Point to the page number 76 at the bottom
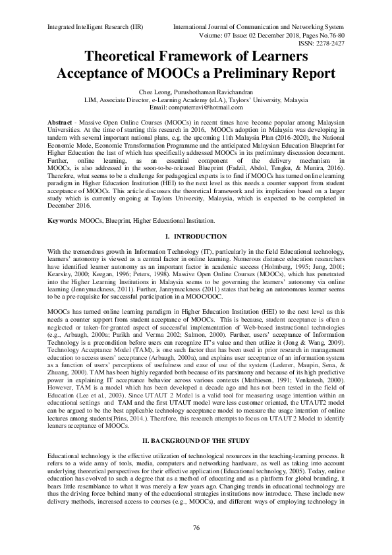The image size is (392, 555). click(x=196, y=528)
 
